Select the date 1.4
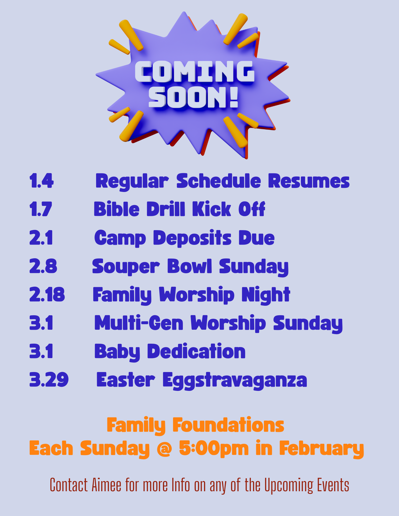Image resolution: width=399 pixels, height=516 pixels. click(x=41, y=181)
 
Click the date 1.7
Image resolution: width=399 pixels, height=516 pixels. click(x=41, y=209)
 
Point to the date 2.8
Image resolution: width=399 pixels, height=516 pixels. click(x=43, y=266)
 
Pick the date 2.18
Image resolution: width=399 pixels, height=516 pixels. click(x=47, y=294)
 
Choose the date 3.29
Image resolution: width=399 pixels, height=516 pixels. click(x=49, y=380)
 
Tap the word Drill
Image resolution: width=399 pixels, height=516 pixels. click(x=166, y=209)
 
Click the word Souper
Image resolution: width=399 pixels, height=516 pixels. click(x=126, y=267)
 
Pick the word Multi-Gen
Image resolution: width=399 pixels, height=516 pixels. click(x=139, y=323)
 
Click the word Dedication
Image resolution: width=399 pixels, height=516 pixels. click(x=196, y=351)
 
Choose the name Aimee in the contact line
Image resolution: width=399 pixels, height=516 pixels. click(x=106, y=485)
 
